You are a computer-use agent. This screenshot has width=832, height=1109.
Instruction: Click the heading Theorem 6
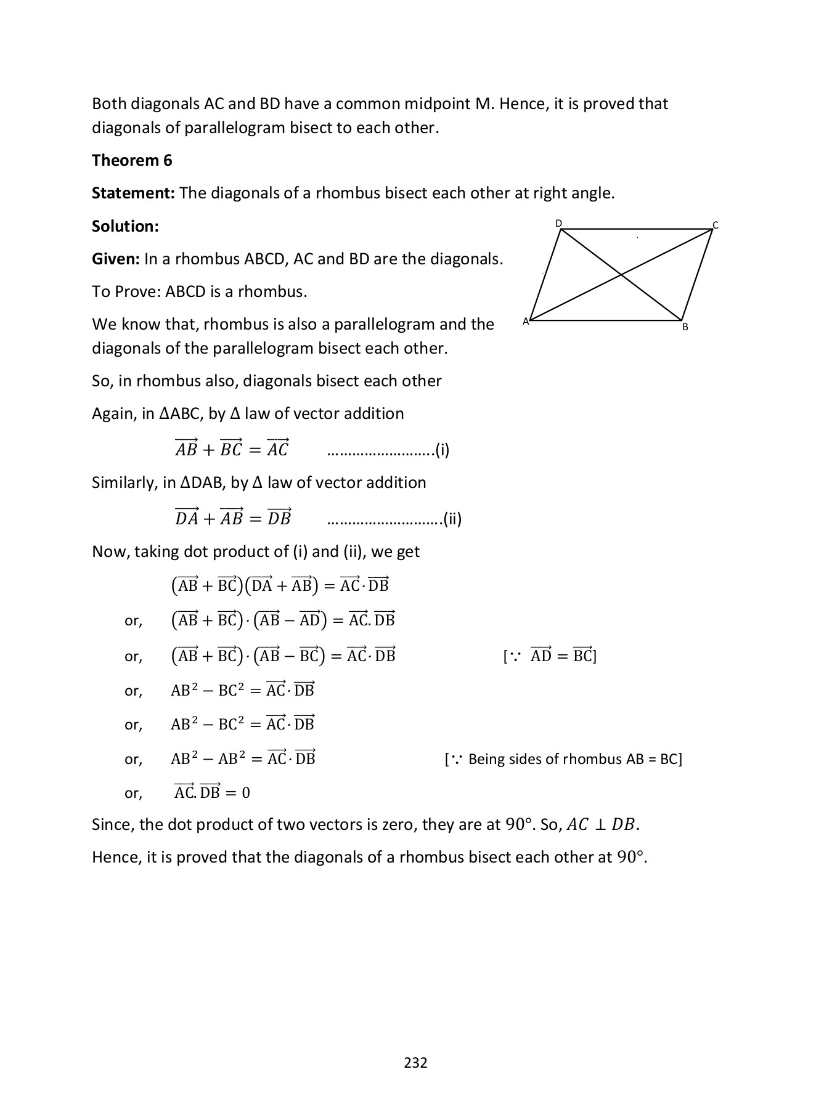[x=132, y=161]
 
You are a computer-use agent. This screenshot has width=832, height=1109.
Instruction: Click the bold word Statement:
[x=134, y=193]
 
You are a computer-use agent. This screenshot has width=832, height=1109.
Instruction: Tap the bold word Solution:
[x=125, y=227]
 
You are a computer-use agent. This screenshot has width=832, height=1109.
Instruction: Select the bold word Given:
[x=116, y=259]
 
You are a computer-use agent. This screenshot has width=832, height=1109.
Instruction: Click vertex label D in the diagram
[x=559, y=223]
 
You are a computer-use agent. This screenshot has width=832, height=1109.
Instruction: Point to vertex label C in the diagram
[x=716, y=225]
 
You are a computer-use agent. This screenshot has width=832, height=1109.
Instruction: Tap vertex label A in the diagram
[x=526, y=321]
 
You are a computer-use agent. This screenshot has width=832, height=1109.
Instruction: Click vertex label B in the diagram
[x=685, y=327]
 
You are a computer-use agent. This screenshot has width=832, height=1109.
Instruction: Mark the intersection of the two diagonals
[x=620, y=275]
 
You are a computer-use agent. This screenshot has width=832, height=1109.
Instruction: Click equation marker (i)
[x=443, y=450]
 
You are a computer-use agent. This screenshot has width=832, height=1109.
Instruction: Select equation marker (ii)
[x=452, y=519]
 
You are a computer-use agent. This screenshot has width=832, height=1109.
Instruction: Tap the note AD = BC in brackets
[x=550, y=656]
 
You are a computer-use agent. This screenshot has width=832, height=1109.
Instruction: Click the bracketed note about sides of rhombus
[x=563, y=759]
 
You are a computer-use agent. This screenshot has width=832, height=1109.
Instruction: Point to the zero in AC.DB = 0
[x=246, y=793]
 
